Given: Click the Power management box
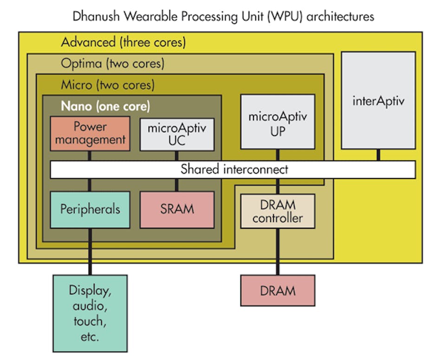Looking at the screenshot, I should pyautogui.click(x=90, y=134).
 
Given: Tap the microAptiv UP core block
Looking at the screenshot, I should pyautogui.click(x=278, y=122).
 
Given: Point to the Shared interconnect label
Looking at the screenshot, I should pyautogui.click(x=234, y=169).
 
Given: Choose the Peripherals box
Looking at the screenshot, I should pyautogui.click(x=90, y=209).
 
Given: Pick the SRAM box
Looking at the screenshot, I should pyautogui.click(x=177, y=209).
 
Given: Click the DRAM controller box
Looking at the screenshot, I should pyautogui.click(x=278, y=211).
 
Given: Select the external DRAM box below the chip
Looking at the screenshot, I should pyautogui.click(x=278, y=291).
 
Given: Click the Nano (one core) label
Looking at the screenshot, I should pyautogui.click(x=105, y=106).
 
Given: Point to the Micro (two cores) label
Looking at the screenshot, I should pyautogui.click(x=108, y=85).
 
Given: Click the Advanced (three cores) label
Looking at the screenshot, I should pyautogui.click(x=123, y=43).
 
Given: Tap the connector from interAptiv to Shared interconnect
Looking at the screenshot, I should pyautogui.click(x=378, y=155).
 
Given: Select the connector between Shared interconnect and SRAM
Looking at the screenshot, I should pyautogui.click(x=177, y=185).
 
